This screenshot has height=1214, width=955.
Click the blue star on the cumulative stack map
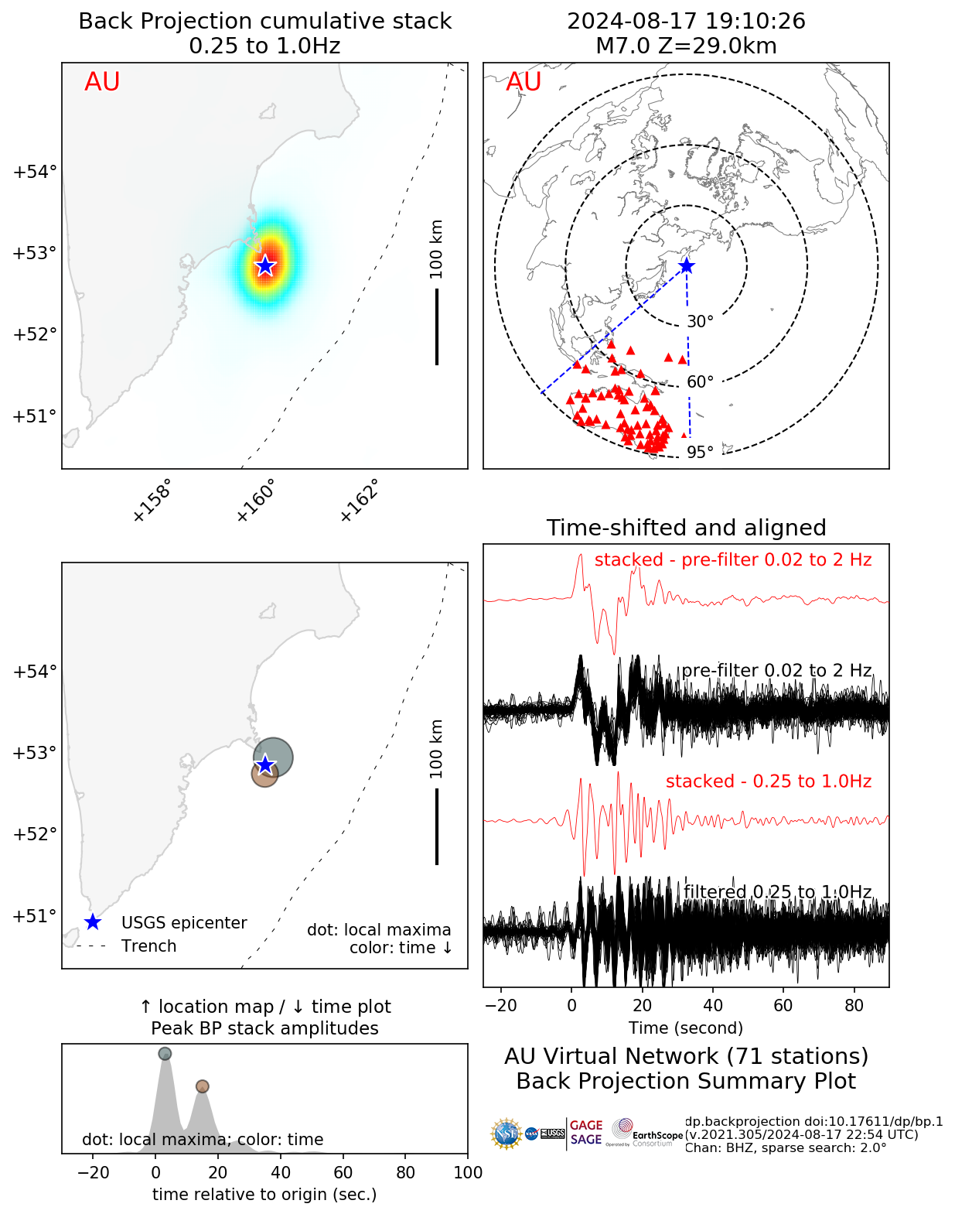[265, 265]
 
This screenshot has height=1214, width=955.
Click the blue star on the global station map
[686, 266]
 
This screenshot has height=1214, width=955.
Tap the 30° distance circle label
[700, 322]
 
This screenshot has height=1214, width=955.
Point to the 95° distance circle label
[700, 453]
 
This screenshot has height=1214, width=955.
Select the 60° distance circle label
[700, 382]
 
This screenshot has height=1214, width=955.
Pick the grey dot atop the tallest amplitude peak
[165, 1054]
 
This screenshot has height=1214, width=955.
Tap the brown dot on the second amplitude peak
[202, 1086]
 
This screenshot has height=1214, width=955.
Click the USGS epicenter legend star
[93, 922]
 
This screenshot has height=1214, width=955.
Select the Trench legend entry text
[148, 946]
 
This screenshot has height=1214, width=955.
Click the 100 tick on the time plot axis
[468, 1172]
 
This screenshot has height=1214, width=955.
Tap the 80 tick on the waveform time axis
[854, 1006]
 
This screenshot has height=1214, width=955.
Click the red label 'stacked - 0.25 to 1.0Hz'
[768, 781]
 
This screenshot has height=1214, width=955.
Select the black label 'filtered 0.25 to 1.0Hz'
[777, 892]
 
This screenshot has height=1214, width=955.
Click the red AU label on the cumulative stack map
[102, 82]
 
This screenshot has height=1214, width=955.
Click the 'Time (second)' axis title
[686, 1028]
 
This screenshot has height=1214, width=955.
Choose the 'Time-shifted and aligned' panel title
[686, 528]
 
